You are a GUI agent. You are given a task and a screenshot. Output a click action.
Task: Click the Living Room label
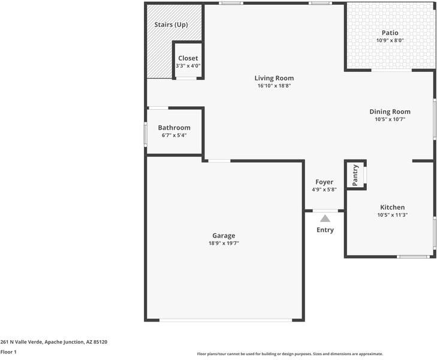(274, 78)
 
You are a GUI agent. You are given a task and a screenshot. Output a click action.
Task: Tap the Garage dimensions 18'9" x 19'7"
(223, 243)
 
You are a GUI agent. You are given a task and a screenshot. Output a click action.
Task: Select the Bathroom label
(174, 128)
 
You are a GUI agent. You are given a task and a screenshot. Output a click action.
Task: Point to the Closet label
(188, 58)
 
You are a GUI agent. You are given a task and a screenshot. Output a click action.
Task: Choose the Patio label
(390, 33)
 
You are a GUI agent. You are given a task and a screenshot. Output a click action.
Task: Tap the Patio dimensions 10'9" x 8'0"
(390, 41)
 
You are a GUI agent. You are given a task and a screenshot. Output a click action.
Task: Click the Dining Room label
(390, 112)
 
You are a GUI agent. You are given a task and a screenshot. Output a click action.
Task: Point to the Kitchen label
(392, 207)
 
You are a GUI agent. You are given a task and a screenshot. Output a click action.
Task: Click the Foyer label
(324, 182)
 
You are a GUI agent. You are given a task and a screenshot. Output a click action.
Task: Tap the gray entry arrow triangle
(325, 219)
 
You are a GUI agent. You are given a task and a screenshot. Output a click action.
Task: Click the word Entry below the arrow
(325, 230)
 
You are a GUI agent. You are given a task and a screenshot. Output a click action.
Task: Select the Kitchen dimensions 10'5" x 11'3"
(392, 215)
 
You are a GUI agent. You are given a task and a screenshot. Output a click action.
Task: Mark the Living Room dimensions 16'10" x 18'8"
(274, 86)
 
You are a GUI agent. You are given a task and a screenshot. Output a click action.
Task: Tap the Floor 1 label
(8, 352)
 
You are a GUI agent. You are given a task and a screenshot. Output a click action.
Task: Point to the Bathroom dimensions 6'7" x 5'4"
(174, 136)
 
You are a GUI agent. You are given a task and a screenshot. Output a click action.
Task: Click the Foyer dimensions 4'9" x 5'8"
(324, 190)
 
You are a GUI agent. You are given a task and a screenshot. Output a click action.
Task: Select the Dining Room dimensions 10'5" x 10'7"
(390, 119)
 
